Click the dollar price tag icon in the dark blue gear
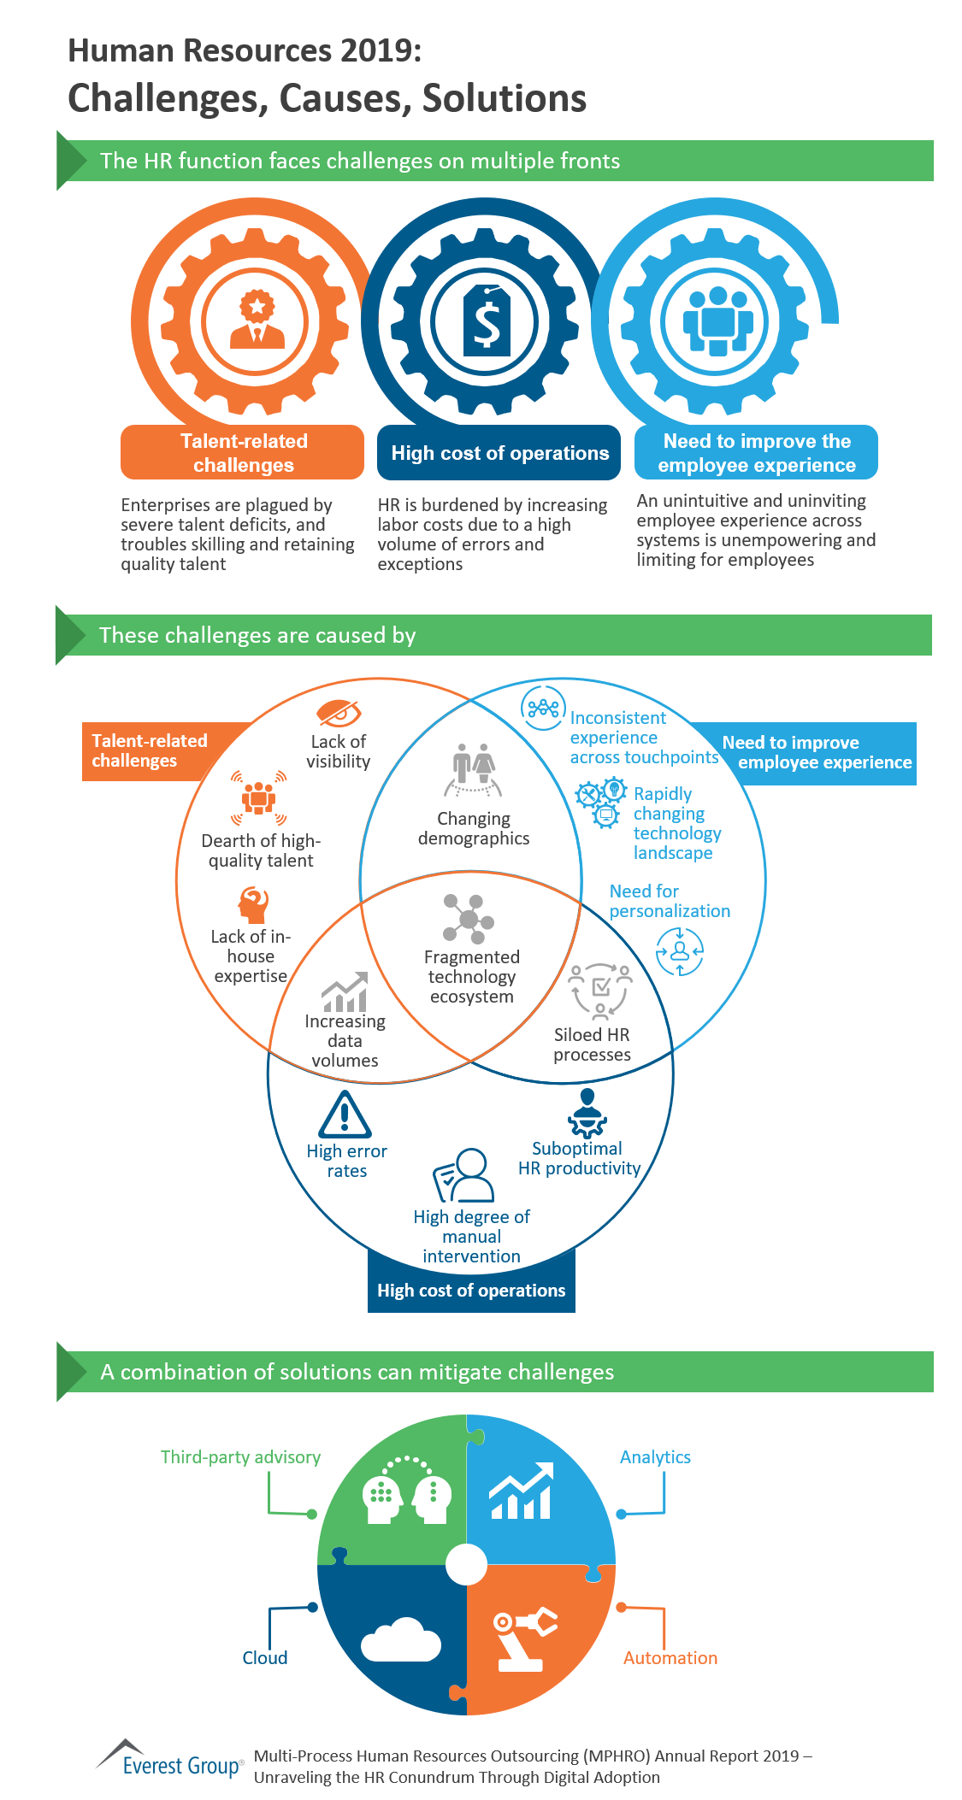coord(487,321)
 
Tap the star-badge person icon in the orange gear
coord(257,319)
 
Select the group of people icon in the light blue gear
coord(717,321)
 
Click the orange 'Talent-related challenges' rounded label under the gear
coord(243,453)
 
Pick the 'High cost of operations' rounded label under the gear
coord(499,453)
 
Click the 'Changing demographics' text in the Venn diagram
coord(474,828)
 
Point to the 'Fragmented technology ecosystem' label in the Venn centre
coord(472,976)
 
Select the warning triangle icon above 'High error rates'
coord(345,1115)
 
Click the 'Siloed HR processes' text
coord(592,1044)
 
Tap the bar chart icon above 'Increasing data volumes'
coord(345,992)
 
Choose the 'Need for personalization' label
coord(669,901)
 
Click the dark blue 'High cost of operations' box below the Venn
coord(471,1291)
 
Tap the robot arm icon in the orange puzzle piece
coord(523,1639)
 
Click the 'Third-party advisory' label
coord(240,1457)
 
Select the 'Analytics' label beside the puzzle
coord(655,1457)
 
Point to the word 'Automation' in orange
coord(670,1658)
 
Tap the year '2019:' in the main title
coord(381,51)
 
